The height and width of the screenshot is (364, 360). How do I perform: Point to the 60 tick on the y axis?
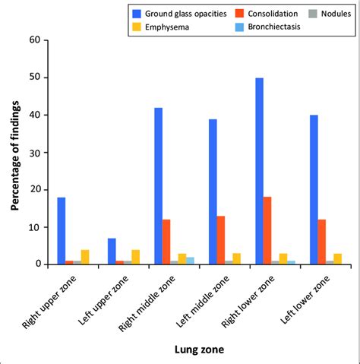pyautogui.click(x=35, y=40)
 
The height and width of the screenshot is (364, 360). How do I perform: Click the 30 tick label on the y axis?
pyautogui.click(x=35, y=152)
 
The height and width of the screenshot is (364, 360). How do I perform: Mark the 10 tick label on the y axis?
pyautogui.click(x=35, y=227)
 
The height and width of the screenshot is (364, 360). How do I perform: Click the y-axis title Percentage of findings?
pyautogui.click(x=15, y=152)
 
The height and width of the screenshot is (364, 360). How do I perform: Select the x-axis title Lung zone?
pyautogui.click(x=197, y=349)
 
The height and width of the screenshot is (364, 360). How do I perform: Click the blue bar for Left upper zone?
pyautogui.click(x=111, y=252)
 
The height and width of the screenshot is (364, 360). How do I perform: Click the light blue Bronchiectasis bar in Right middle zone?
pyautogui.click(x=191, y=261)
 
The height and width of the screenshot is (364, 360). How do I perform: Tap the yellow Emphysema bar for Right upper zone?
pyautogui.click(x=85, y=257)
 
